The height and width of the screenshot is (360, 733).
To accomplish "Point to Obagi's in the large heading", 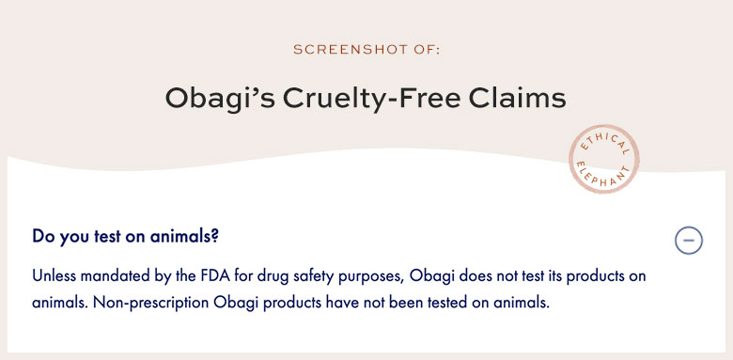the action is (220, 100).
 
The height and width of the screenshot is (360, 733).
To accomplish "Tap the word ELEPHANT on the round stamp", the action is (604, 176).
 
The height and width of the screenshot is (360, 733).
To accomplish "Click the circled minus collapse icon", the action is (688, 241).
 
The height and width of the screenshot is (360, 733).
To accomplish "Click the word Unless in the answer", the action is (55, 275).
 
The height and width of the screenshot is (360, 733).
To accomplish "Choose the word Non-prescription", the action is (151, 304).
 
